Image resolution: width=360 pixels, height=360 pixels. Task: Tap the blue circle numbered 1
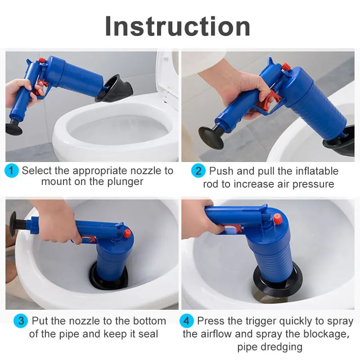coord(12,171)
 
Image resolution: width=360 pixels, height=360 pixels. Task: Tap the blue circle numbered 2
coord(198,171)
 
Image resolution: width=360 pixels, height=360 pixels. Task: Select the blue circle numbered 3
coord(21,321)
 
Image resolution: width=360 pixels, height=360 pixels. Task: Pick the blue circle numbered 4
coord(187,321)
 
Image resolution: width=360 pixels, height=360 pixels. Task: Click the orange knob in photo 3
coord(127,233)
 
